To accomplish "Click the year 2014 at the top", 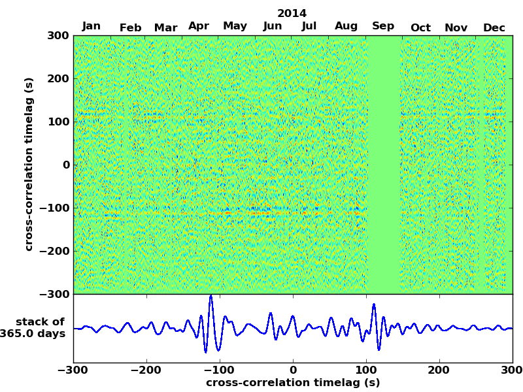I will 292,13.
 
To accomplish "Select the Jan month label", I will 92,26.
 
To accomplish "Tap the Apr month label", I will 199,26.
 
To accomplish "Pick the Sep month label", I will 383,26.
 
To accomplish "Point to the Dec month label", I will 494,27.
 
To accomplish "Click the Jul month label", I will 309,26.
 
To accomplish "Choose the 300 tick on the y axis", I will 58,36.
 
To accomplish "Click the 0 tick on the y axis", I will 66,165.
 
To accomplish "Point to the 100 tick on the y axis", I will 58,122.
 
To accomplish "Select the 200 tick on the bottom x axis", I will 439,370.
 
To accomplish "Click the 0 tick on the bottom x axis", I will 293,370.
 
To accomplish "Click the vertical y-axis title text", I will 29,164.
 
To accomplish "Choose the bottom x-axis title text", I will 293,383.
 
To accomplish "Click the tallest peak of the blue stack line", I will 211,297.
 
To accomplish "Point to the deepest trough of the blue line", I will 205,352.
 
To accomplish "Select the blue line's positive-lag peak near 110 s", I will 374,304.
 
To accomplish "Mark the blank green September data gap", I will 384,163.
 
